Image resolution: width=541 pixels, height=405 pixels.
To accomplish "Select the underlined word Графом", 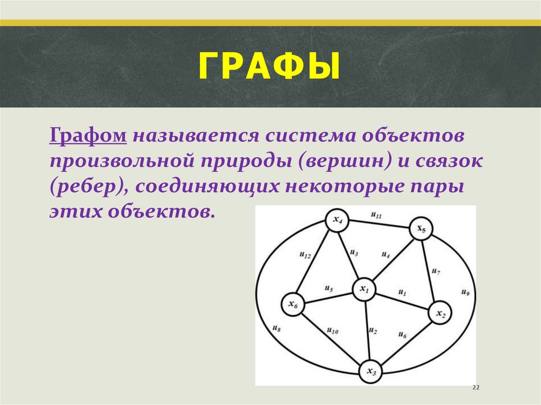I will [x=88, y=137].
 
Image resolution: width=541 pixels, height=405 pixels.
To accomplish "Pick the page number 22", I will [x=475, y=388].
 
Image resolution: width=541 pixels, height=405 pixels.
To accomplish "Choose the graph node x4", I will [x=335, y=220].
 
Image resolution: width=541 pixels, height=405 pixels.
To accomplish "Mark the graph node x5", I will [x=421, y=229].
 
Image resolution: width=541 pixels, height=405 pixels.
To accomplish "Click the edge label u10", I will [x=332, y=331].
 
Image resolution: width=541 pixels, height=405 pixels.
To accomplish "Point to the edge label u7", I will [x=436, y=272].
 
